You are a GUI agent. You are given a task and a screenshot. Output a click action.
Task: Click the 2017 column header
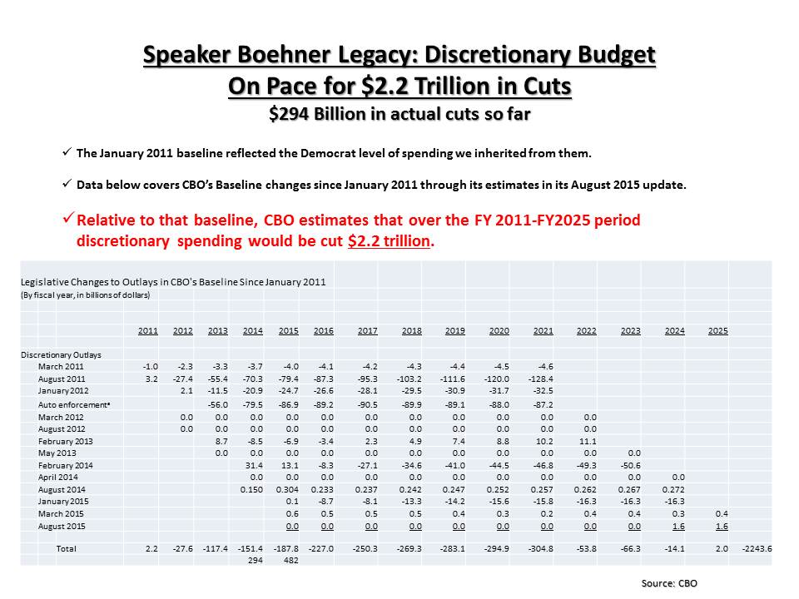point(367,331)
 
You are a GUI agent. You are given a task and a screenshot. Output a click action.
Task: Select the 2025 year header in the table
point(717,331)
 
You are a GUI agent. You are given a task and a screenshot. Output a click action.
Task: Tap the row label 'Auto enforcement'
point(72,404)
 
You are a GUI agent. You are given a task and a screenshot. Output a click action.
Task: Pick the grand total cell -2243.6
point(757,549)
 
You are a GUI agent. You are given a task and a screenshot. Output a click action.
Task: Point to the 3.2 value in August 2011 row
point(151,379)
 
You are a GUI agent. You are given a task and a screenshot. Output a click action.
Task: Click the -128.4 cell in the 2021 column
point(541,379)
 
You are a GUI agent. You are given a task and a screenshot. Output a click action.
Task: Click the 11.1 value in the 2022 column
point(586,441)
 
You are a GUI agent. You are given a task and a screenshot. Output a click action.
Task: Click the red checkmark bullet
point(67,221)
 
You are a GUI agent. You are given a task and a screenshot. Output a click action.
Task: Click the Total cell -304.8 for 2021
point(542,549)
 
